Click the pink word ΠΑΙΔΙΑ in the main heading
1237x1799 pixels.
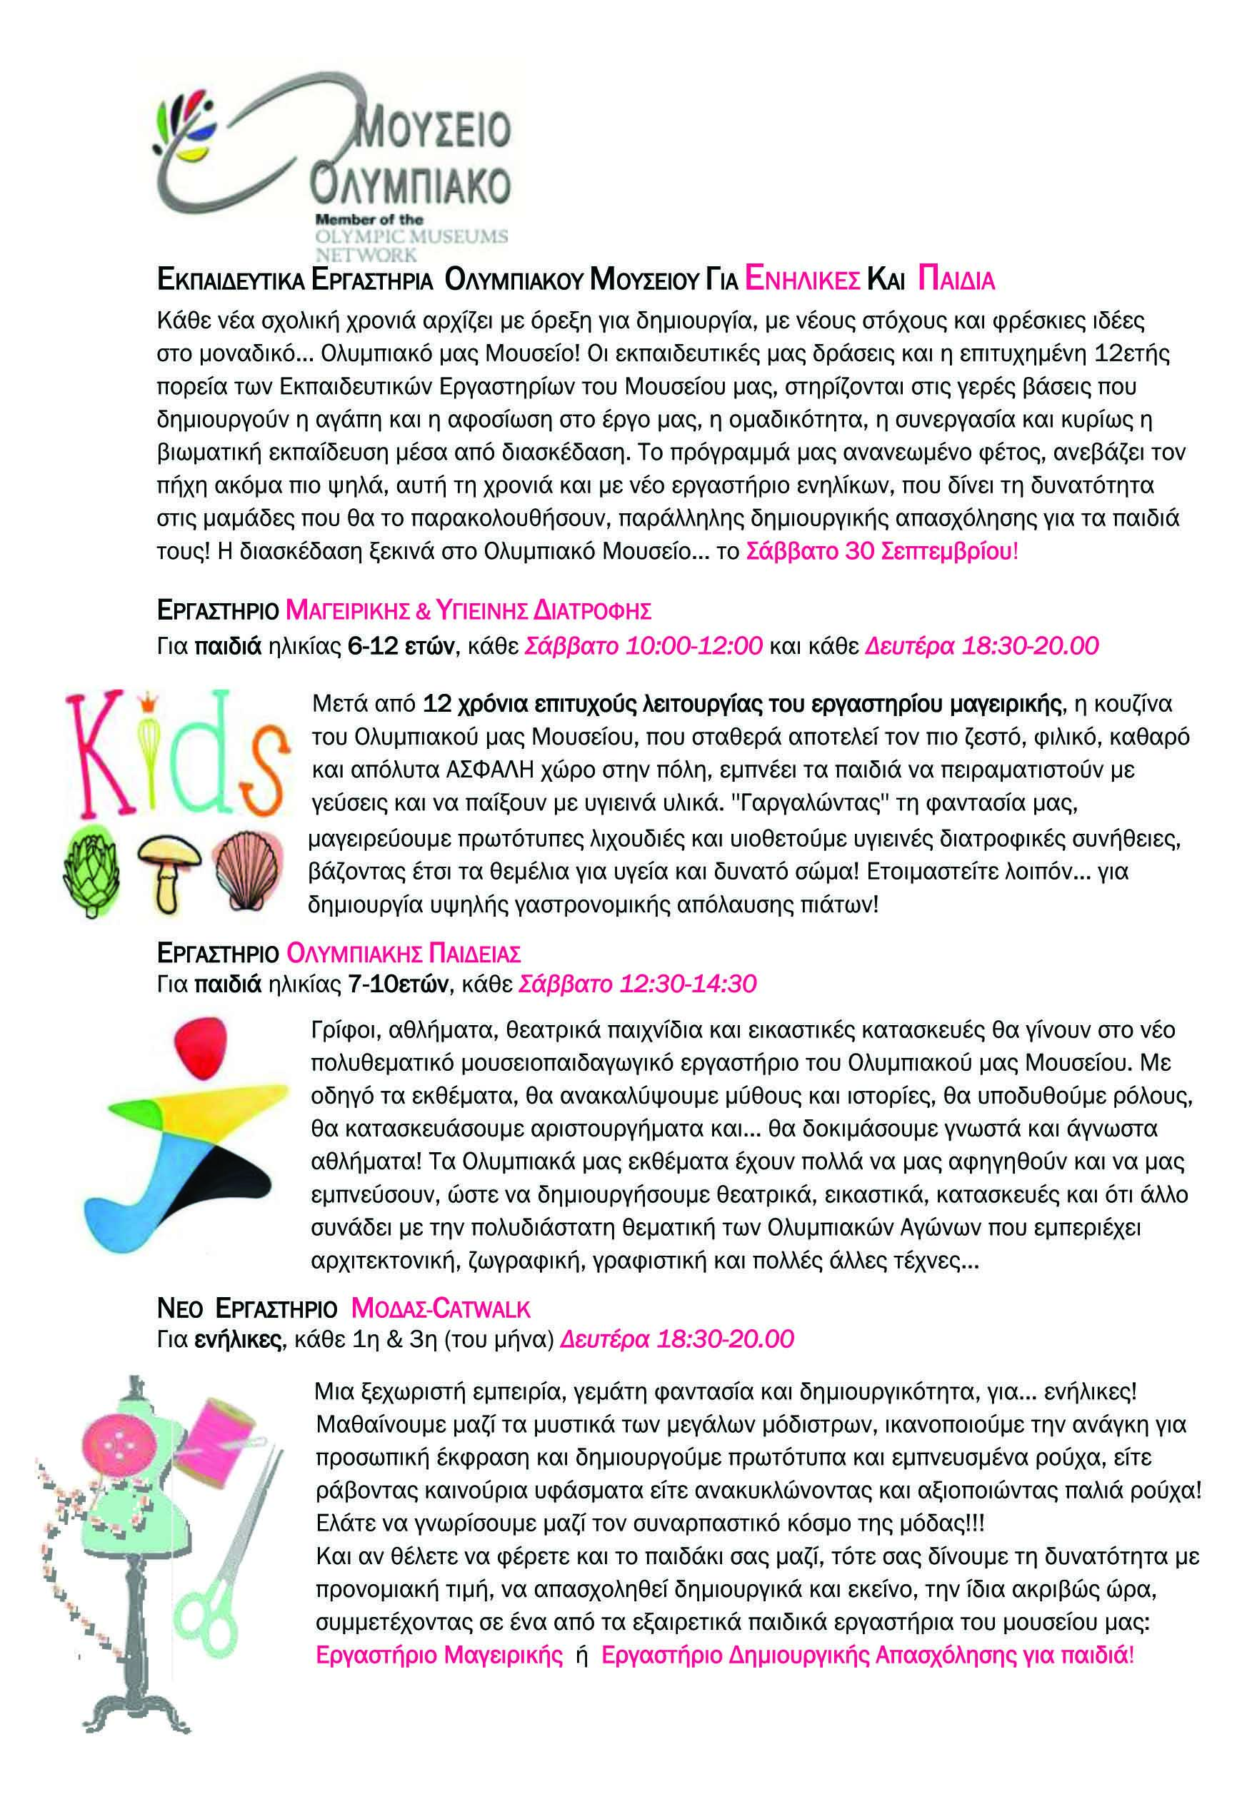[955, 280]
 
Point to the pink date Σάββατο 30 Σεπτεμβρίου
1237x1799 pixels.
[879, 553]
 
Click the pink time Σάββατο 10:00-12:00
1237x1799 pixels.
[644, 645]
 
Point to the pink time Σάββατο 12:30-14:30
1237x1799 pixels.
[637, 984]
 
